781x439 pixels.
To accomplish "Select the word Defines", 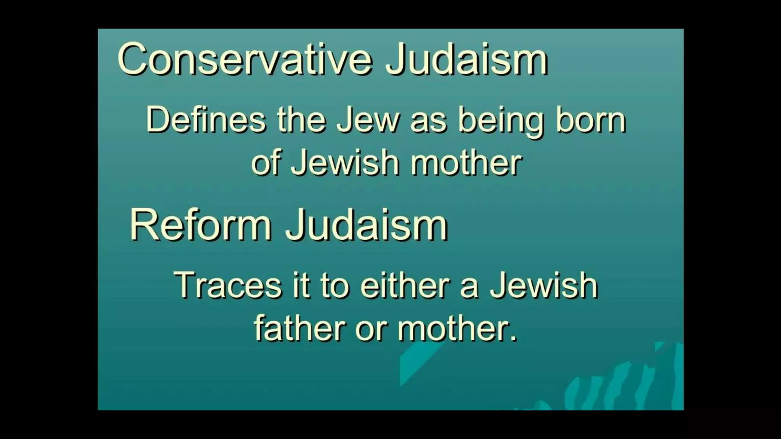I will point(206,120).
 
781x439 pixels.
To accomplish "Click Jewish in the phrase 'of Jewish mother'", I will point(345,163).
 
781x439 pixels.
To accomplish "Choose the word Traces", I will point(228,285).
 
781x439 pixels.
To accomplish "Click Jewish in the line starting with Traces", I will point(544,285).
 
